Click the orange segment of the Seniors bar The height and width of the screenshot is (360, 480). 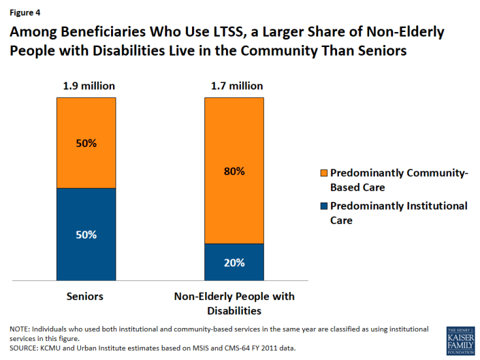pyautogui.click(x=86, y=142)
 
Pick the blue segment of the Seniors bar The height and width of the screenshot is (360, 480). pyautogui.click(x=86, y=235)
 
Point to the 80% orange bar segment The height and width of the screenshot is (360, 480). pyautogui.click(x=234, y=171)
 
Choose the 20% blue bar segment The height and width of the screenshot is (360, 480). pyautogui.click(x=234, y=263)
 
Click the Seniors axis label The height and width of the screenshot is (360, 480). pyautogui.click(x=86, y=297)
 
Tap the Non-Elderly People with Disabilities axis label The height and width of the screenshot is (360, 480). pyautogui.click(x=234, y=303)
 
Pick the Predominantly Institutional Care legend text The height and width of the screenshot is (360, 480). pyautogui.click(x=398, y=213)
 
